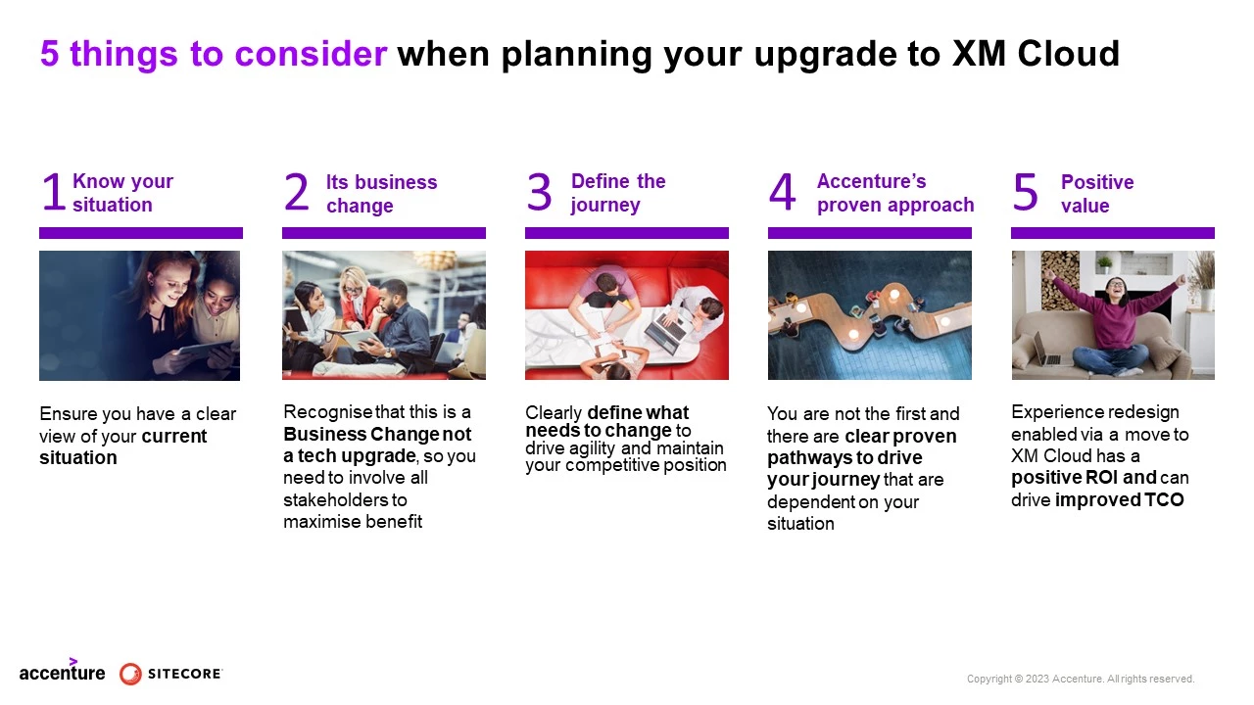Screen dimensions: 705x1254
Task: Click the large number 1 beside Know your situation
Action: pos(53,193)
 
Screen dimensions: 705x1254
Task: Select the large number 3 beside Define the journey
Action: pos(540,193)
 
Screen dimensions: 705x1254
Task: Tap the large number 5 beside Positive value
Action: pos(1025,193)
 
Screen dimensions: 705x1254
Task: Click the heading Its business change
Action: pos(381,194)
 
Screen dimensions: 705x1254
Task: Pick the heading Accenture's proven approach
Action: pos(894,193)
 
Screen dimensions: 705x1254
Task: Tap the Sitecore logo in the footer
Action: pos(171,674)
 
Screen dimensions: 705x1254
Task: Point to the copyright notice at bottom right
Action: pos(1080,679)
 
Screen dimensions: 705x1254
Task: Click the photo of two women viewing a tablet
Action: pos(139,315)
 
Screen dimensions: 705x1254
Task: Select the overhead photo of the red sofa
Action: pos(626,315)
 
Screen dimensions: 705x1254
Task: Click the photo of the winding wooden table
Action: pos(869,315)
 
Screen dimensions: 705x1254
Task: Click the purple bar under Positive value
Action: pos(1112,233)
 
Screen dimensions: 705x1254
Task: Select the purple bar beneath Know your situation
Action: pos(140,233)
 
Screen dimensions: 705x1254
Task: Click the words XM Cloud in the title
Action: pos(1036,55)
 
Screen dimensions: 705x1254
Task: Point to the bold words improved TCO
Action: pos(1120,500)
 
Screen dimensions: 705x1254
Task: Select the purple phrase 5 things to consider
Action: pos(214,55)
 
